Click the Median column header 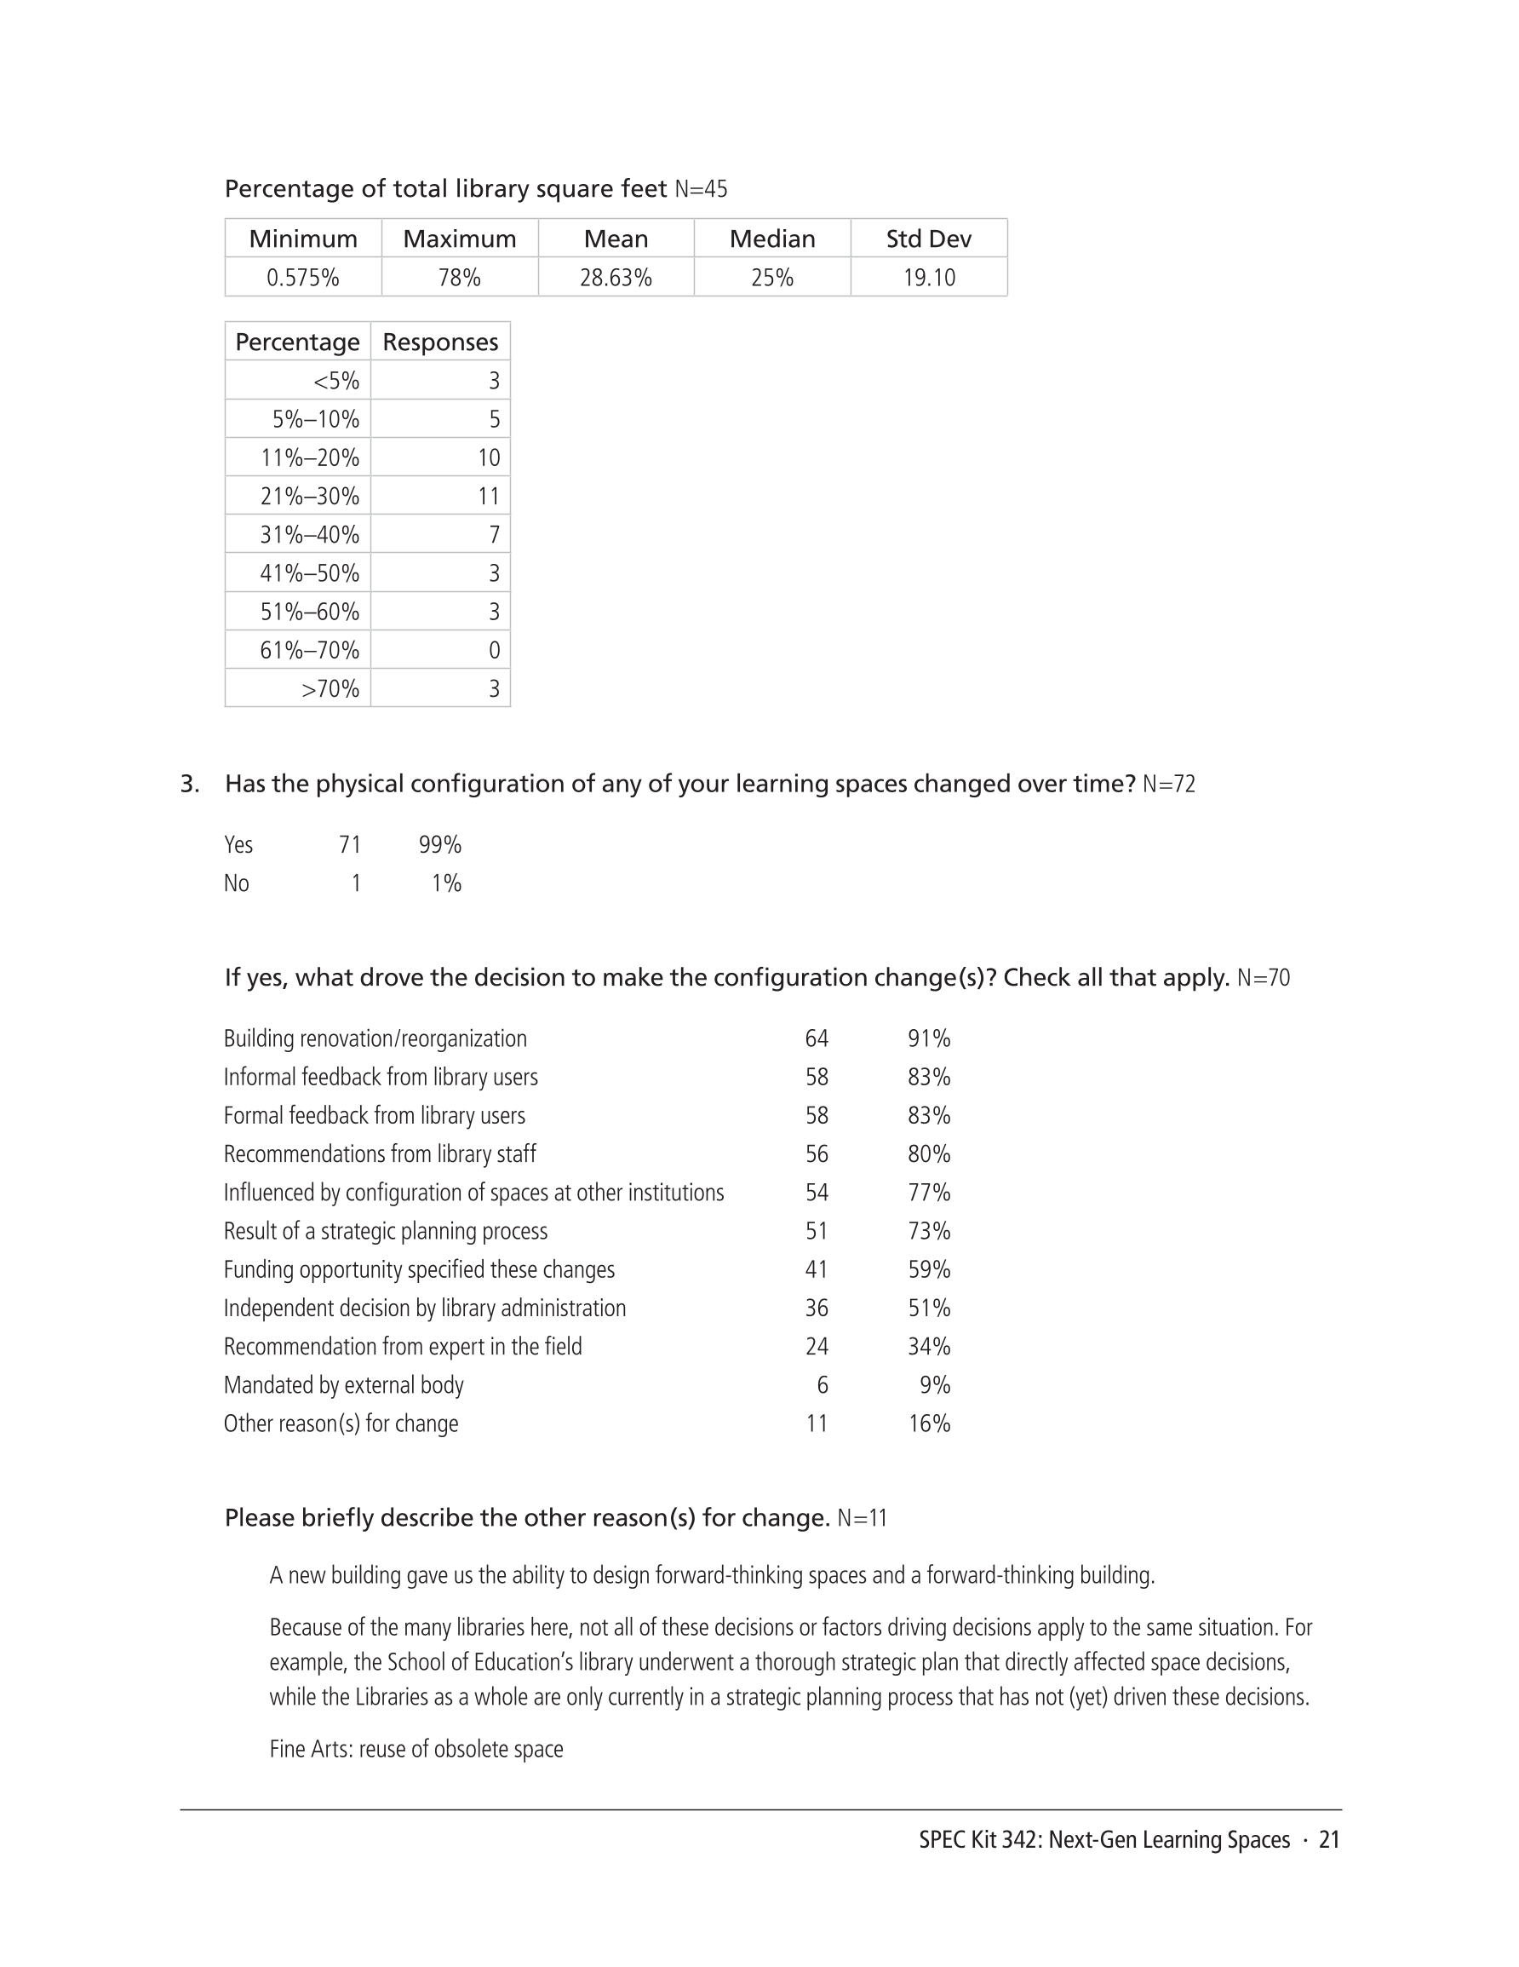(x=771, y=239)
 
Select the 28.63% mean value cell (x=616, y=278)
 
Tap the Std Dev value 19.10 (x=929, y=278)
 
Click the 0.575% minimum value (x=302, y=278)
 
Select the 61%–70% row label (x=309, y=650)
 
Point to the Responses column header (x=440, y=342)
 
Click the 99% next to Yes (x=439, y=845)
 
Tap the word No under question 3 (x=236, y=883)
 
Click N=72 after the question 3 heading (x=1169, y=785)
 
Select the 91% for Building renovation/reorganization (x=928, y=1038)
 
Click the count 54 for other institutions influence (x=816, y=1193)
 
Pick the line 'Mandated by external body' (x=343, y=1385)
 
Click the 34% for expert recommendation (x=928, y=1347)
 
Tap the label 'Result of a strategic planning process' (x=385, y=1231)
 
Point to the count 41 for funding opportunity (x=816, y=1270)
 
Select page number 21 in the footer (x=1329, y=1840)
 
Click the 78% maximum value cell (x=459, y=278)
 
